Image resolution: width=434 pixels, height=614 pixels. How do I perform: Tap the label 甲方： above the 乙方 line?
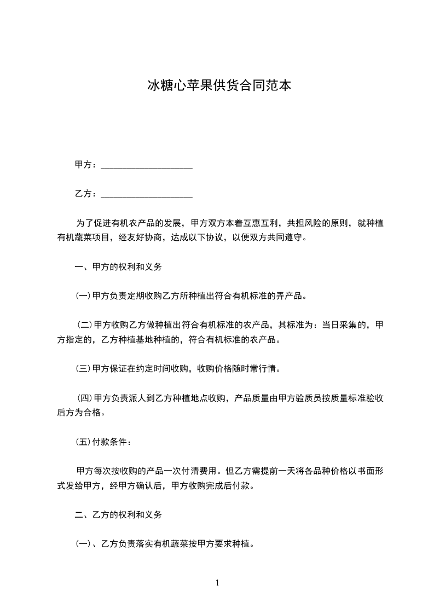[x=86, y=165]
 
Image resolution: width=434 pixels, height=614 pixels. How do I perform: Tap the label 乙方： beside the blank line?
[x=86, y=193]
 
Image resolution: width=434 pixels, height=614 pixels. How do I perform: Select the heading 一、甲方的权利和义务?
[x=118, y=267]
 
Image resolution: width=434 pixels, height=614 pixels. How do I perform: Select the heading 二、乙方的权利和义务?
[x=118, y=515]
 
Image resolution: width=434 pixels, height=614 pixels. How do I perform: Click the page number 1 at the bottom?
[x=217, y=583]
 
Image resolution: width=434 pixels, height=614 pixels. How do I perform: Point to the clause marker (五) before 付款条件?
[x=83, y=442]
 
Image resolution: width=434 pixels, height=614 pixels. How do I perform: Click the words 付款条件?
[x=111, y=442]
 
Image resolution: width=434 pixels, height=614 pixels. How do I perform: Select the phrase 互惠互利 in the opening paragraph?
[x=261, y=223]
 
